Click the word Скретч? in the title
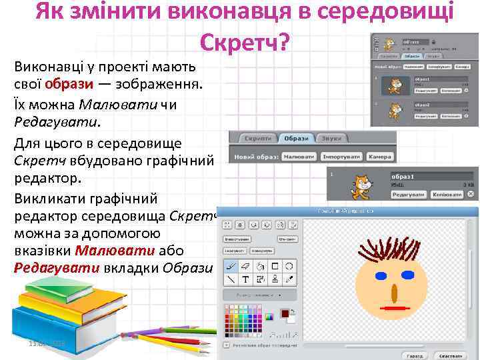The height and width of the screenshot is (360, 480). pos(244,42)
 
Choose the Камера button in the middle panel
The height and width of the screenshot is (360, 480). pos(380,157)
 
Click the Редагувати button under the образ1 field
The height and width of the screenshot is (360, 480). pos(409,195)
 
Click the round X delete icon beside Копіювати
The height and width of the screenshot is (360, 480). pos(472,194)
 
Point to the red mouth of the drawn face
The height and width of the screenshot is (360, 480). pos(396,309)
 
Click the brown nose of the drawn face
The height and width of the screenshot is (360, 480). pos(395,292)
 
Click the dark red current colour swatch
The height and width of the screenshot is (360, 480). pos(285,313)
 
